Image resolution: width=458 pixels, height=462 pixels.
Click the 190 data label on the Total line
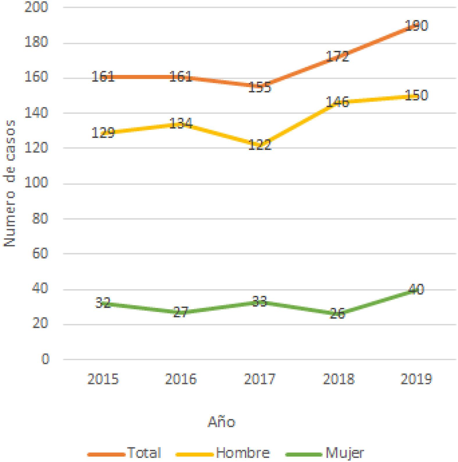click(416, 26)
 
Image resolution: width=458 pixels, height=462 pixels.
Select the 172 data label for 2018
click(337, 56)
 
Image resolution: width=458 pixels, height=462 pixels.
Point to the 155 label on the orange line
click(259, 87)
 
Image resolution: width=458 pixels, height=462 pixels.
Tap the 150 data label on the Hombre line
click(416, 95)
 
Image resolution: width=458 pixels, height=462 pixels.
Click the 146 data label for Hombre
click(337, 102)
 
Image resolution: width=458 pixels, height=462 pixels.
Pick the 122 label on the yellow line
click(259, 145)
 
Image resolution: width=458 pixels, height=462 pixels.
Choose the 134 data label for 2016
click(181, 123)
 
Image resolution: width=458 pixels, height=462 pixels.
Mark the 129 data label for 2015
click(103, 133)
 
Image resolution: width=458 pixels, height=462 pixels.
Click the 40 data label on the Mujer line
click(416, 289)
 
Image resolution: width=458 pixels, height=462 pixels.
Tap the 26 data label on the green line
click(337, 314)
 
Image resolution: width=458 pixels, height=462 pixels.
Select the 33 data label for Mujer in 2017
click(259, 301)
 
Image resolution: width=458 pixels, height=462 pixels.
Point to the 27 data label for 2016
click(181, 312)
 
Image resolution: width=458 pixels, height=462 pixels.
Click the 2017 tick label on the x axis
click(259, 379)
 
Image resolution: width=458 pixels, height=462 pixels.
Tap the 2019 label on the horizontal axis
click(416, 379)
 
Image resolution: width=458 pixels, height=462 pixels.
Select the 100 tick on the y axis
click(36, 183)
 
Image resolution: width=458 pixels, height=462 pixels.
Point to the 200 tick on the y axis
click(36, 7)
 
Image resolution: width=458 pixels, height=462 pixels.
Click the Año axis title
click(221, 422)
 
